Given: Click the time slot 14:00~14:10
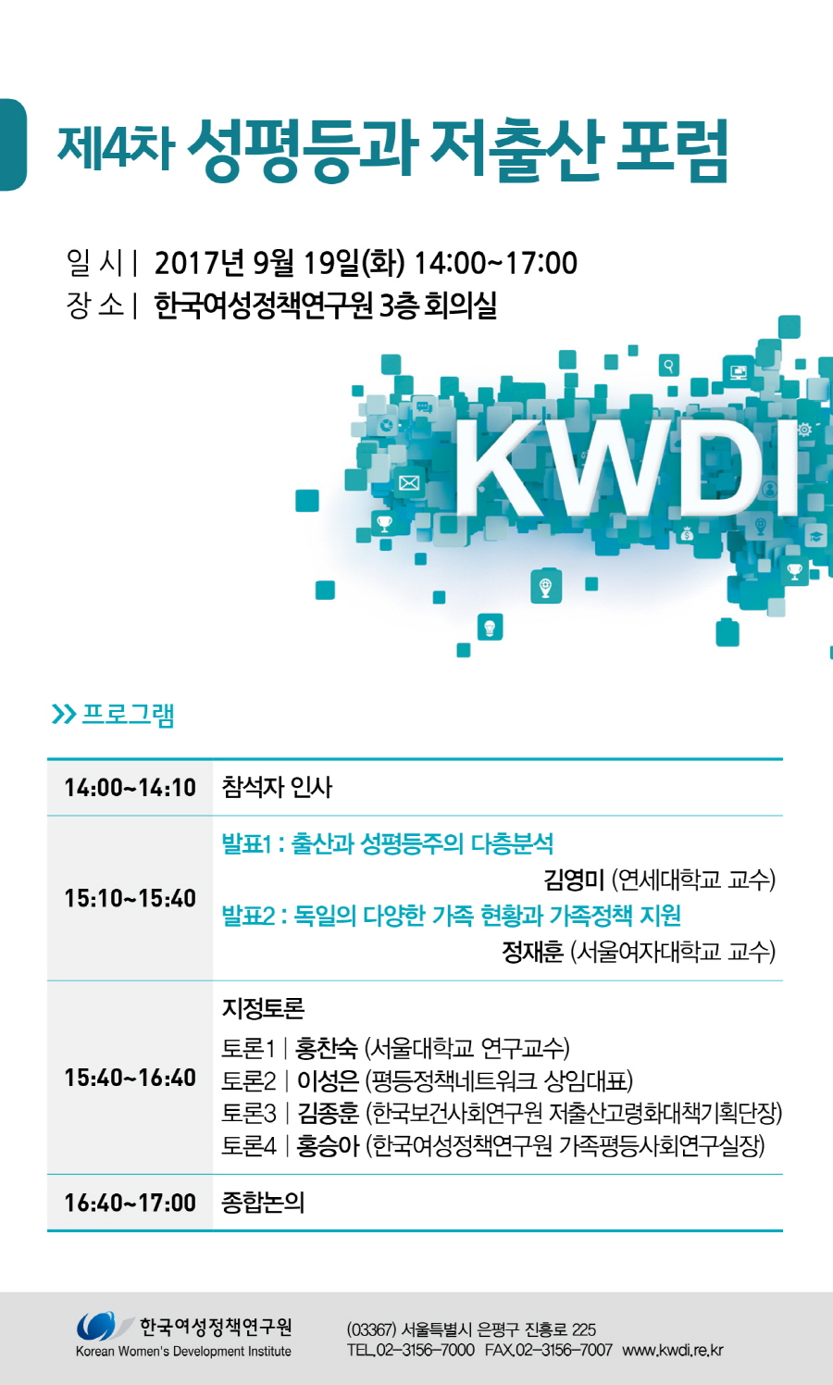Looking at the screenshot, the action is pos(131,788).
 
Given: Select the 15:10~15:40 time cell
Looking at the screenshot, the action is pos(131,898).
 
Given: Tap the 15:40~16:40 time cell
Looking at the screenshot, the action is pos(131,1078).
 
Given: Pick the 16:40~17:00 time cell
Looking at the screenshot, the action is pos(131,1203).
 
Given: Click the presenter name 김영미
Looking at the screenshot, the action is pos(574,880).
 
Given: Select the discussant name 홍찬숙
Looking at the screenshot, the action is pos(327,1047).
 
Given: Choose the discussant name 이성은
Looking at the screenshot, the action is pos(328,1080).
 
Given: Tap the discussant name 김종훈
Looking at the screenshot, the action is pos(328,1113).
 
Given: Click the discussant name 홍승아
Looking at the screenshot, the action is pos(328,1146).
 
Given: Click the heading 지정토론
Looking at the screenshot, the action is pos(263,1008).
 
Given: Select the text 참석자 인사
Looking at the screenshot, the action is pos(277,787).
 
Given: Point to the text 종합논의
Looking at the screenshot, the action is pos(263,1203).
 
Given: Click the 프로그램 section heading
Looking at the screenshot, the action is pos(128,715).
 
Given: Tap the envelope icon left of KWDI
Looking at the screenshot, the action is pos(409,482).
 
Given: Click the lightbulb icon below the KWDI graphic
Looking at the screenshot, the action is pos(490,629).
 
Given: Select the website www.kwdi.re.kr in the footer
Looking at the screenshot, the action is pos(672,1351).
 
